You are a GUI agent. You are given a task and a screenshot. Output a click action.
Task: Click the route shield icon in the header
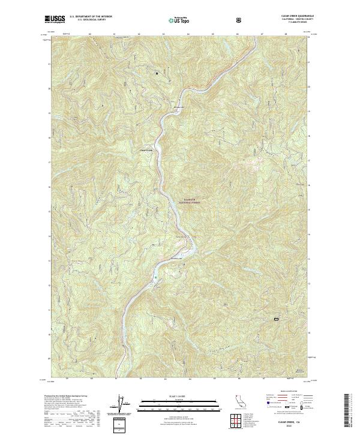pos(241,19)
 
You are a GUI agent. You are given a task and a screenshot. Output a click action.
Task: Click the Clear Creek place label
pos(147,149)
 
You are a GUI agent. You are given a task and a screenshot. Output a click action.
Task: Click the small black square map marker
pos(157,74)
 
